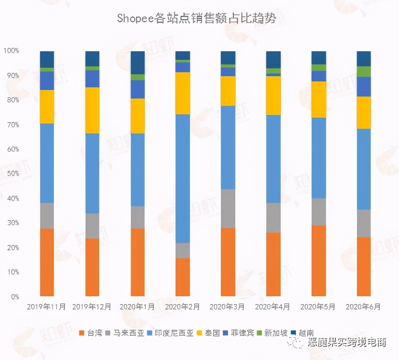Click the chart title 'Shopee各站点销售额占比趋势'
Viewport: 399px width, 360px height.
tap(196, 18)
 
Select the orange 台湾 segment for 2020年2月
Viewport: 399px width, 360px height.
tap(182, 277)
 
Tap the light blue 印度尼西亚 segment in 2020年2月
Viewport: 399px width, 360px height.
tap(182, 179)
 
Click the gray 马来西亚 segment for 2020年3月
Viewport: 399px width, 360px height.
tap(228, 209)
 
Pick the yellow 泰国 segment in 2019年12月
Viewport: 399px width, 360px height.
tap(92, 110)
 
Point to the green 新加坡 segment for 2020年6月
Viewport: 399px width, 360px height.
tap(364, 72)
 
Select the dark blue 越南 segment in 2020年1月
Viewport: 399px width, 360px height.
tap(138, 63)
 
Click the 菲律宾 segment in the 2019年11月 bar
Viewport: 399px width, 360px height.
tap(47, 81)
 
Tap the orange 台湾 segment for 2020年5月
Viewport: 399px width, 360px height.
tap(318, 260)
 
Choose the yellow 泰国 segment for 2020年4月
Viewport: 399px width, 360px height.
tap(273, 96)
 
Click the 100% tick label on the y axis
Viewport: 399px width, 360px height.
tap(11, 51)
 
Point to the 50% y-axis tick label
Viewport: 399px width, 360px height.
tap(13, 173)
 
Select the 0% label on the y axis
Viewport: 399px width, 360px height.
tap(15, 297)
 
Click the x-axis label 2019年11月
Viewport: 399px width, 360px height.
tap(46, 307)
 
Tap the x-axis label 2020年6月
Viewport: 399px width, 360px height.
tap(363, 307)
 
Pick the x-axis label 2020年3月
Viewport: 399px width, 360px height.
tap(227, 307)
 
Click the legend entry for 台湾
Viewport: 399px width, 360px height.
tap(91, 333)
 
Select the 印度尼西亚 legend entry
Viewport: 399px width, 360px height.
tap(170, 333)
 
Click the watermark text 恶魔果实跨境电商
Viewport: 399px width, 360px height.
tap(347, 343)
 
